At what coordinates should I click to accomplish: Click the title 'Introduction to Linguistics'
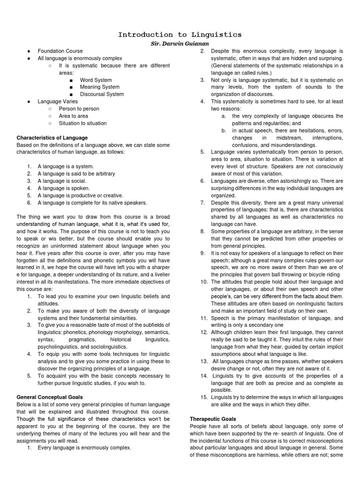(x=180, y=35)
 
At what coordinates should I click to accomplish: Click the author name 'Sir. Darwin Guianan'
(x=180, y=43)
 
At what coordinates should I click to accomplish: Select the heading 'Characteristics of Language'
(x=52, y=138)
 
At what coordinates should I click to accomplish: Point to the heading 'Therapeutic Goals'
(x=213, y=418)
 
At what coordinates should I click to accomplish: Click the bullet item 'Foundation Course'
(x=60, y=51)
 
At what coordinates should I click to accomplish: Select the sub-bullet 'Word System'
(x=96, y=80)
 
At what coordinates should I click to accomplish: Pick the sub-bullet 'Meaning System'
(x=99, y=87)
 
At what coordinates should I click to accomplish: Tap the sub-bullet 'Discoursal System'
(x=102, y=94)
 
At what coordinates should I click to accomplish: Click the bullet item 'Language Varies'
(x=58, y=102)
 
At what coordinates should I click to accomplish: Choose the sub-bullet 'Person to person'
(x=79, y=109)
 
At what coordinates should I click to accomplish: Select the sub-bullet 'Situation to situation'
(x=82, y=123)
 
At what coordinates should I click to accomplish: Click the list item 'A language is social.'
(x=63, y=181)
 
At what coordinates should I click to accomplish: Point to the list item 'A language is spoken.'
(x=64, y=188)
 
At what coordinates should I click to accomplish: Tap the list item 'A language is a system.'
(x=66, y=166)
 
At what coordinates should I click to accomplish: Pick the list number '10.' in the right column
(x=203, y=282)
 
